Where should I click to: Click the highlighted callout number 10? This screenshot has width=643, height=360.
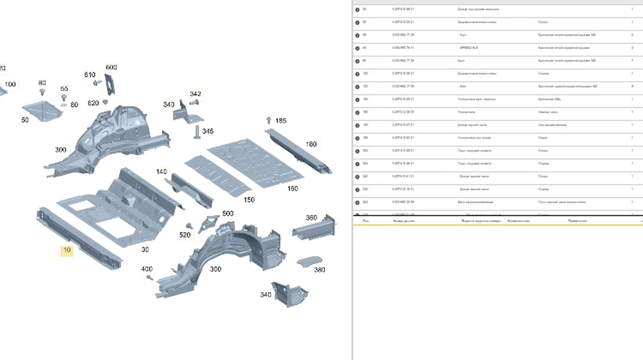click(66, 250)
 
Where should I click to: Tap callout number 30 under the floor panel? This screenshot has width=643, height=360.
click(145, 250)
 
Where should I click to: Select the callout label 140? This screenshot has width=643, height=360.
click(161, 172)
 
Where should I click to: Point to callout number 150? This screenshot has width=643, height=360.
click(249, 200)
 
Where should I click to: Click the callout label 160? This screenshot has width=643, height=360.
click(293, 189)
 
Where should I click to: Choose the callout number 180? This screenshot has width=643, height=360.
click(311, 144)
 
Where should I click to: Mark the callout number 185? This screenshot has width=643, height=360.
click(281, 121)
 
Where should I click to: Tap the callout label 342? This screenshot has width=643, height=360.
click(196, 94)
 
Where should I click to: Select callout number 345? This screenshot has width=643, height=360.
click(208, 131)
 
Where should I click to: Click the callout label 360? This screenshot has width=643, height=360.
click(311, 218)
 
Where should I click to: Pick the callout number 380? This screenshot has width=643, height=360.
click(319, 270)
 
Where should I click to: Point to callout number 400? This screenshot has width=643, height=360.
click(146, 269)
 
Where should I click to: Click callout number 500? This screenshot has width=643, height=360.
click(228, 214)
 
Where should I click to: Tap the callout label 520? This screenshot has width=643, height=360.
click(185, 235)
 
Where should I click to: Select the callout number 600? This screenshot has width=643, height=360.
click(111, 67)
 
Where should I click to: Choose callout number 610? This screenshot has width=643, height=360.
click(89, 75)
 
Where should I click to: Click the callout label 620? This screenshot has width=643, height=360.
click(93, 103)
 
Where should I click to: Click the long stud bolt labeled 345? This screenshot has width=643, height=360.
click(197, 132)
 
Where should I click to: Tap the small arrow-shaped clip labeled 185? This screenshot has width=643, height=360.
click(268, 120)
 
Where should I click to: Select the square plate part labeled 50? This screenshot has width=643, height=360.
click(41, 110)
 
